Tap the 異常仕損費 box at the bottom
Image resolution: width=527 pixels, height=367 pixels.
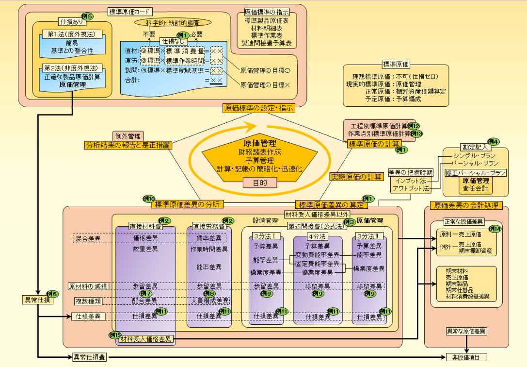[x=87, y=357]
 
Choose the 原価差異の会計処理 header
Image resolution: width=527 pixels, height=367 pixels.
[x=466, y=205]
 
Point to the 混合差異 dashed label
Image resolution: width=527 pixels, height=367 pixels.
[x=88, y=239]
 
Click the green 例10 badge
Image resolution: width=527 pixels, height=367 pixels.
[x=148, y=199]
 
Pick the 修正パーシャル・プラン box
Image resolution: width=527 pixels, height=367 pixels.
[x=476, y=172]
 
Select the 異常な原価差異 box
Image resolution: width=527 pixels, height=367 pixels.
[x=466, y=332]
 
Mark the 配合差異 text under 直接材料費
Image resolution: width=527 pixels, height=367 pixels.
[x=145, y=301]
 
